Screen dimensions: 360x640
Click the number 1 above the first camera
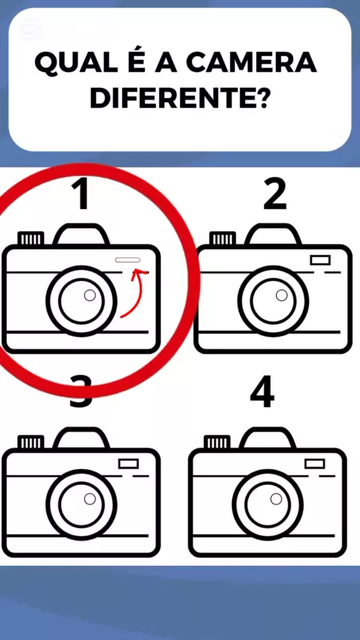point(80,195)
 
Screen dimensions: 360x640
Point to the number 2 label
point(274,195)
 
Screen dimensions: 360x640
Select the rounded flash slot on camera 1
point(127,260)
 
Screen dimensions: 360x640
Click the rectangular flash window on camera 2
point(320,260)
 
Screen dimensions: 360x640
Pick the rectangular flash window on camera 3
point(128,464)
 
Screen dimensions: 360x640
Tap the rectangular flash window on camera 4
point(315,464)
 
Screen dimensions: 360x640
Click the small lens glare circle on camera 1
point(90,295)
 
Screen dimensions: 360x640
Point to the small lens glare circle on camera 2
point(281,295)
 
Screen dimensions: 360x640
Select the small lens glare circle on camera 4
point(276,499)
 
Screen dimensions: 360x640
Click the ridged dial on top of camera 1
point(31,238)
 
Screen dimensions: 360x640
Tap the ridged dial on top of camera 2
point(223,238)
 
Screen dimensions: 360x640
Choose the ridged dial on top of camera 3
point(31,442)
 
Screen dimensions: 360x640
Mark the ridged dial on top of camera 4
point(217,442)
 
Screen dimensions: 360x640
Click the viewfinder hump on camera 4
point(268,438)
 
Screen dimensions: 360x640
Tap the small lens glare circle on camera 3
point(90,499)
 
